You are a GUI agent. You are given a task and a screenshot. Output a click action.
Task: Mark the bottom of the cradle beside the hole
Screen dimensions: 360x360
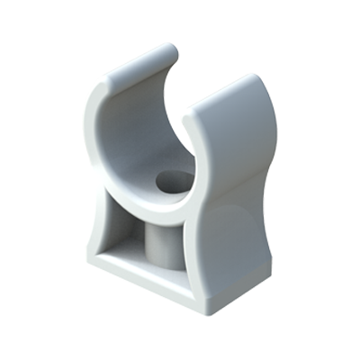[x=148, y=184]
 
